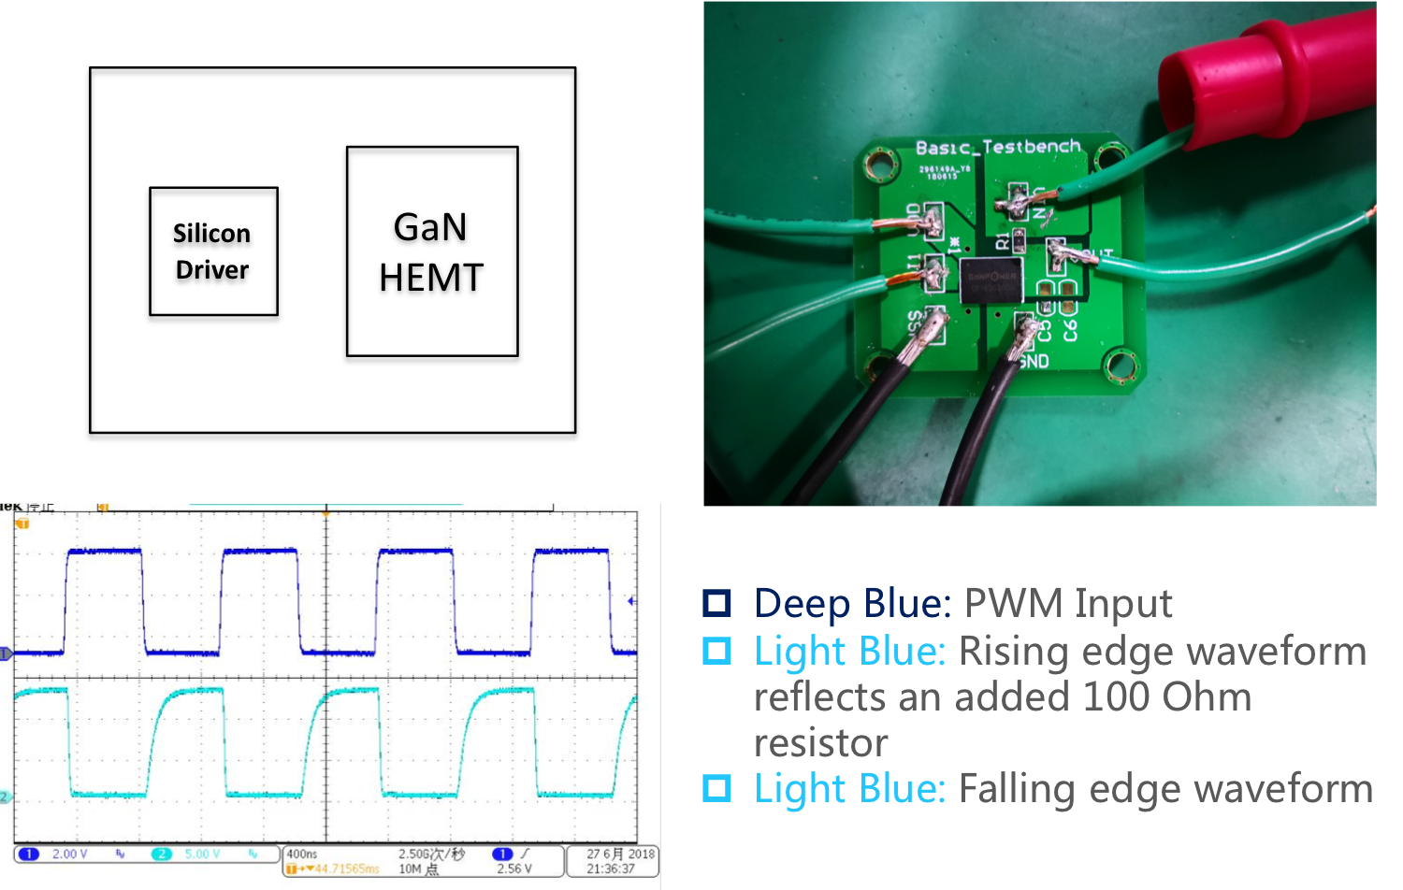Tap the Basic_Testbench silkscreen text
click(x=997, y=147)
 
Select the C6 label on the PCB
click(x=1070, y=329)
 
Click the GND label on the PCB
click(x=1034, y=361)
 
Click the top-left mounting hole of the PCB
click(x=879, y=165)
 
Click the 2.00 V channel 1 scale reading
click(x=70, y=854)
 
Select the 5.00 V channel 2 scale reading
click(x=203, y=854)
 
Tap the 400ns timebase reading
click(x=302, y=854)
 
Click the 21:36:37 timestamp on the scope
click(x=611, y=868)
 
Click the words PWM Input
click(x=1067, y=603)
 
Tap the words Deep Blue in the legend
click(x=852, y=603)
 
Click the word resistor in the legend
click(x=820, y=743)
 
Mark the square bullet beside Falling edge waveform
click(x=716, y=788)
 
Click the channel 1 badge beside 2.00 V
click(x=29, y=854)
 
